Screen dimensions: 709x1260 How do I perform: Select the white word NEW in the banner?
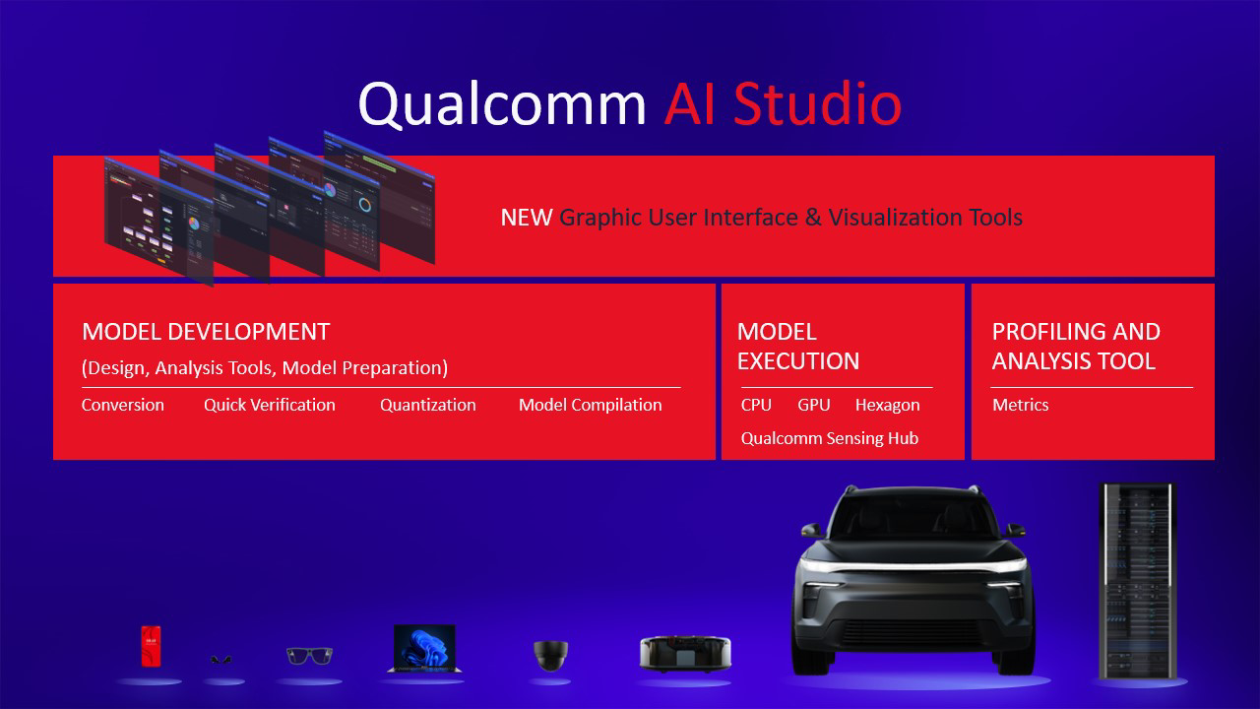pyautogui.click(x=526, y=218)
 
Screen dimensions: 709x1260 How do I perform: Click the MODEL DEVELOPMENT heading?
pyautogui.click(x=206, y=332)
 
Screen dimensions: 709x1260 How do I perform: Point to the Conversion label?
pyautogui.click(x=123, y=405)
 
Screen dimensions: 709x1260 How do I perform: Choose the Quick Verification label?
pyautogui.click(x=270, y=405)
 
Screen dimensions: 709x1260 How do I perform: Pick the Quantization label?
pyautogui.click(x=428, y=405)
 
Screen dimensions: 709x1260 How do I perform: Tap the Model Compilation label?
pyautogui.click(x=591, y=405)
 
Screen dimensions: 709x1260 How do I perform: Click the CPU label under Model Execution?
pyautogui.click(x=756, y=405)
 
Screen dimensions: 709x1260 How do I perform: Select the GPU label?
pyautogui.click(x=814, y=405)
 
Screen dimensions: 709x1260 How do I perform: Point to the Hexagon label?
pyautogui.click(x=887, y=405)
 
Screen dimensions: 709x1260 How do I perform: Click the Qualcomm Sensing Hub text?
pyautogui.click(x=830, y=438)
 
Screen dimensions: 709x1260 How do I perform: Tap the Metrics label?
pyautogui.click(x=1021, y=405)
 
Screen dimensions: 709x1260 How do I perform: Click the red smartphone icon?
pyautogui.click(x=151, y=648)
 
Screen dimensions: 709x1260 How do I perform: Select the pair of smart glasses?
pyautogui.click(x=309, y=656)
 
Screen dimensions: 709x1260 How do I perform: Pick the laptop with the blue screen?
pyautogui.click(x=424, y=650)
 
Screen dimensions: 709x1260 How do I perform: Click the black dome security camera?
pyautogui.click(x=550, y=655)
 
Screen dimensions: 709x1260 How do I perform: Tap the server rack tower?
pyautogui.click(x=1137, y=581)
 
